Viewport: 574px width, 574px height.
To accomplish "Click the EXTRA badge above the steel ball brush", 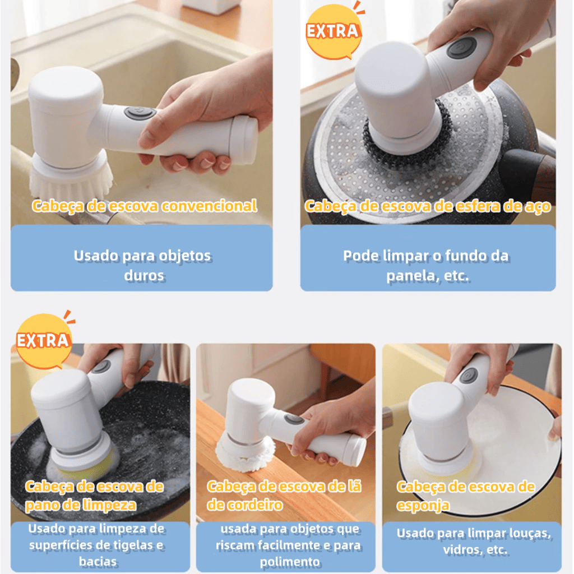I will tap(332, 32).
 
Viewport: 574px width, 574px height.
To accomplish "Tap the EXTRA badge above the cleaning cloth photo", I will tap(43, 340).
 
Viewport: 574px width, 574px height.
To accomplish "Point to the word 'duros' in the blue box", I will tap(144, 275).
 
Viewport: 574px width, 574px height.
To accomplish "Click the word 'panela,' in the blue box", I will tap(409, 276).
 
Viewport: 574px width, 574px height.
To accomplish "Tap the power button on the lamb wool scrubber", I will tap(293, 419).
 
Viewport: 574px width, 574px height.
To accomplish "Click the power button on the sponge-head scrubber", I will tap(467, 376).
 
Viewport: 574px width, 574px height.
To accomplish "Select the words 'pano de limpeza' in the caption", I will tap(81, 505).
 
